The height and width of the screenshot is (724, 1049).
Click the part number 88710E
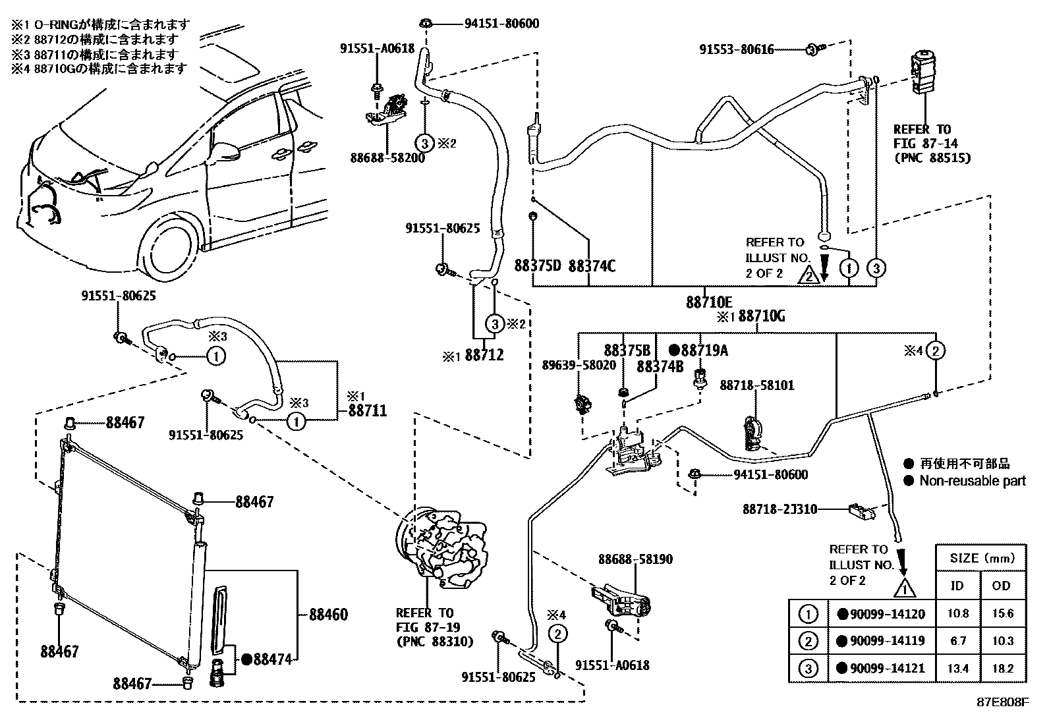point(708,302)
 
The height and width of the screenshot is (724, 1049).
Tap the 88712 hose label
point(484,355)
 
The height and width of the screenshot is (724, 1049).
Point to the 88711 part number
point(367,411)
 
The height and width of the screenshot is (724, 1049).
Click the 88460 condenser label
point(328,615)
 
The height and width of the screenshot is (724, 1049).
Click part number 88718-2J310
point(780,509)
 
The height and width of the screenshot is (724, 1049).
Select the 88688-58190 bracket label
point(635,559)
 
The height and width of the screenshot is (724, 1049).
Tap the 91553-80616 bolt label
point(736,49)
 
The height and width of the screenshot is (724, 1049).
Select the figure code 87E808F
point(1002,702)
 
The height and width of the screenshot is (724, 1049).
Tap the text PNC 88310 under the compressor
point(435,641)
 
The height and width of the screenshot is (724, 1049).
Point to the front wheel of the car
point(170,248)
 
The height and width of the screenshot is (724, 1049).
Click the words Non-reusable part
point(972,481)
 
